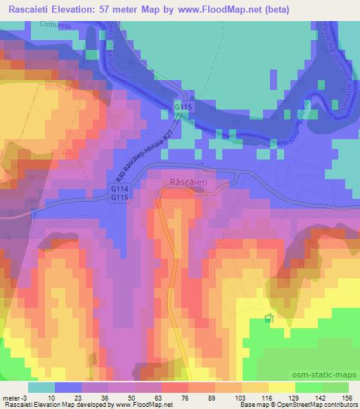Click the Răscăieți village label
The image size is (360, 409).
pos(191,182)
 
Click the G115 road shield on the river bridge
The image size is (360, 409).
pos(184,106)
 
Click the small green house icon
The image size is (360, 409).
pos(267,319)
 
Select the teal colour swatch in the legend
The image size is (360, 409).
pos(41,387)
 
